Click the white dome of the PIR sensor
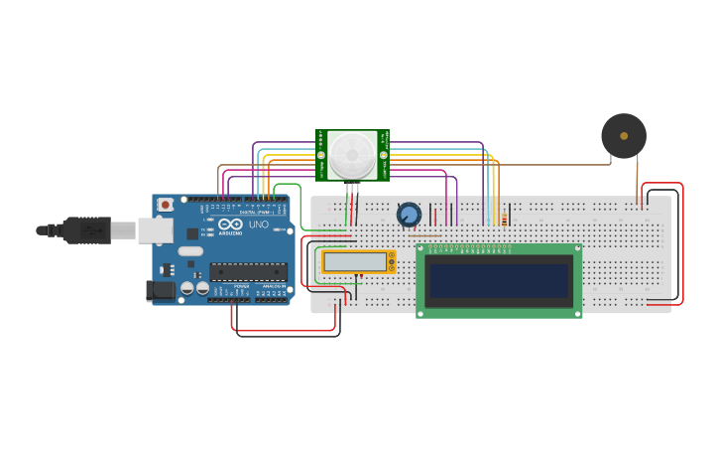tap(352, 154)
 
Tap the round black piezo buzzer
tap(624, 136)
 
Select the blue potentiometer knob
tap(409, 215)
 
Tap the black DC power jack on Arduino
tap(159, 290)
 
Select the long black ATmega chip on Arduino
tap(248, 271)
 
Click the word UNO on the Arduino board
tap(258, 225)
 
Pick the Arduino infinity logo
tap(230, 225)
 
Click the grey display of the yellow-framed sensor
tap(354, 261)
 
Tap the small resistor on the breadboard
tap(504, 220)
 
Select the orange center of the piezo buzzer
tap(624, 136)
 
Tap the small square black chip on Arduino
tap(191, 233)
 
